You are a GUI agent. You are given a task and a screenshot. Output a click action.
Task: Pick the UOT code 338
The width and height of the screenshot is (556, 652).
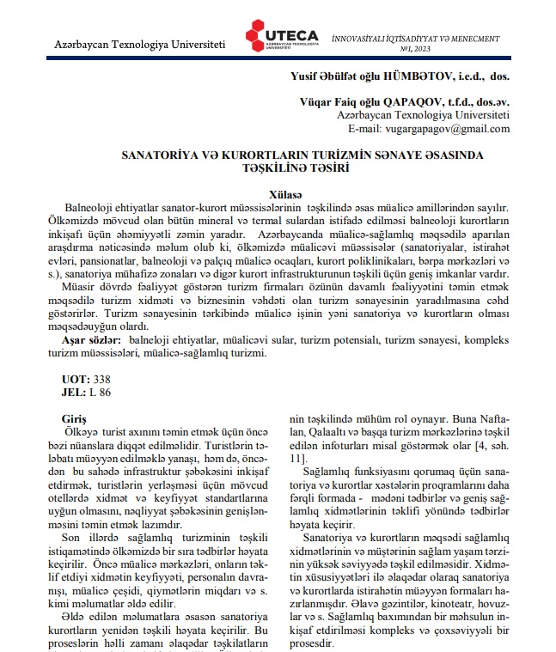click(x=101, y=378)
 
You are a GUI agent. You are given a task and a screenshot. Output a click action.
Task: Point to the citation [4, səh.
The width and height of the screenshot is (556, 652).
click(x=490, y=447)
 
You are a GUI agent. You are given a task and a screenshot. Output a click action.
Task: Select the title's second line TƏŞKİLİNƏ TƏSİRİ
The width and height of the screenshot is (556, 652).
click(x=283, y=169)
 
